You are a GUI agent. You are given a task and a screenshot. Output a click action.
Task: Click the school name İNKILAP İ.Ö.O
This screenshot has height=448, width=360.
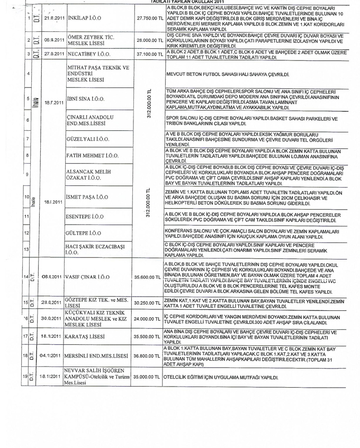(x=85, y=18)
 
